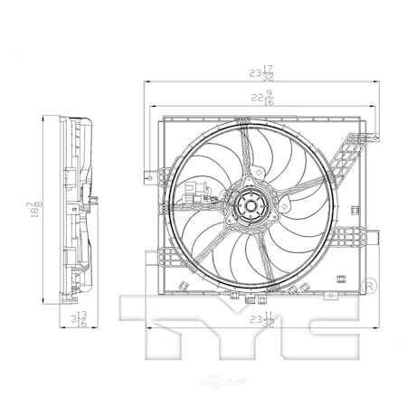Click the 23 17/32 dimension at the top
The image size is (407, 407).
tap(261, 70)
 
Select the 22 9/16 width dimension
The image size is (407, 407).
tap(261, 99)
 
